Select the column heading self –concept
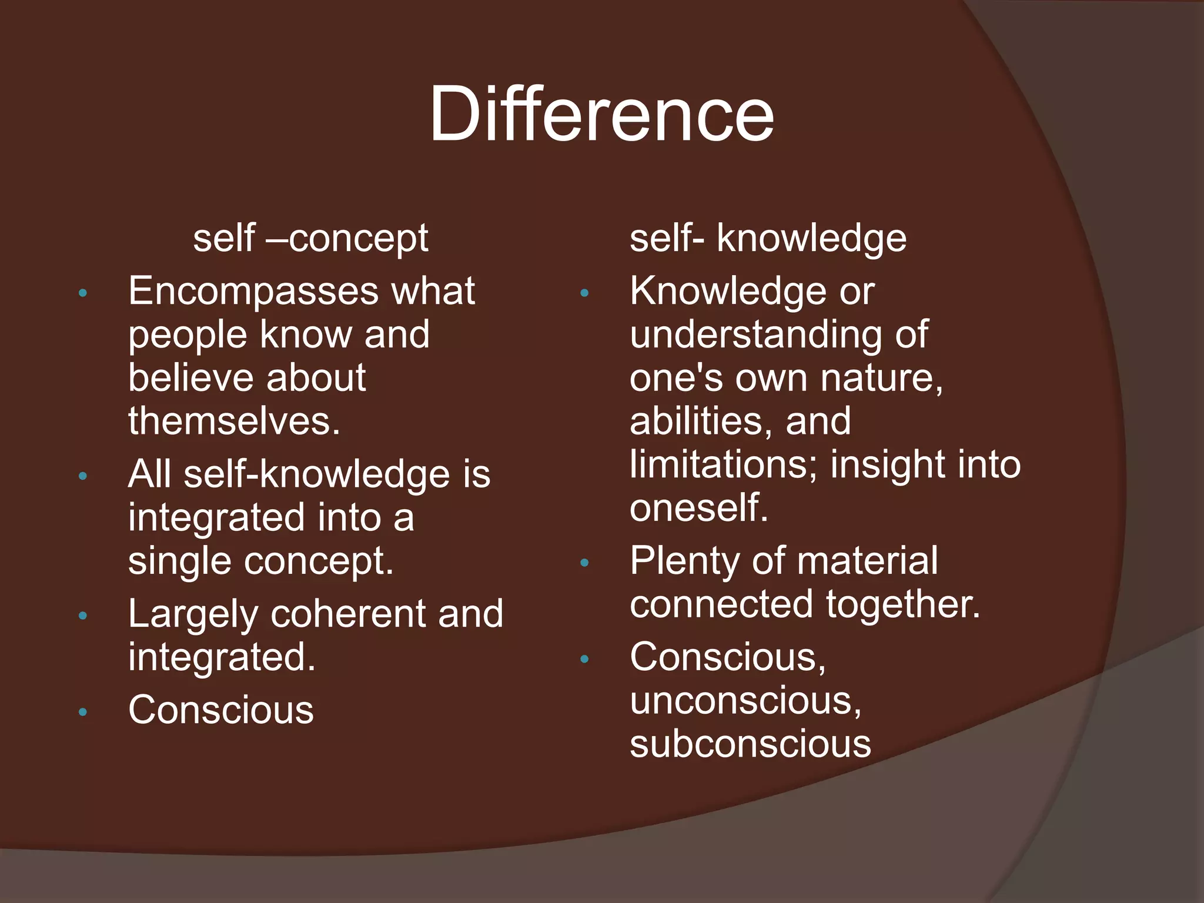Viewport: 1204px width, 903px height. point(310,238)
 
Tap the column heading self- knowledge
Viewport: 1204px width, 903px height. point(768,238)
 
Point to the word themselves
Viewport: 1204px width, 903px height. point(234,421)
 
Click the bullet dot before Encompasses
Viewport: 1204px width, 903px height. point(83,293)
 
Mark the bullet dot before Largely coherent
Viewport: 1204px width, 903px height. point(83,616)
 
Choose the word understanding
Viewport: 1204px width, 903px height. point(755,335)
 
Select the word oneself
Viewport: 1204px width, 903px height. point(699,507)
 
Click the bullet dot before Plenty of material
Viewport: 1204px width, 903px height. point(584,563)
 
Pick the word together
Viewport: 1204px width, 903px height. point(903,604)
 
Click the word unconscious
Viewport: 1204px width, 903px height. point(745,700)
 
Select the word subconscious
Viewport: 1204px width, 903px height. point(750,744)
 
